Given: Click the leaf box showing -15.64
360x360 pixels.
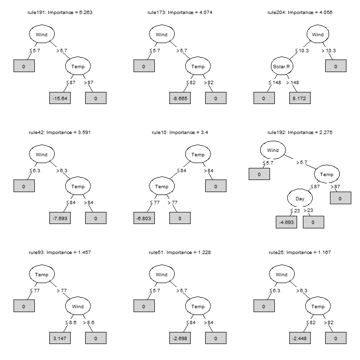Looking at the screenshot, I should coord(60,98).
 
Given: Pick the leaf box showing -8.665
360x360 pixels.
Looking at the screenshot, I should coord(180,98).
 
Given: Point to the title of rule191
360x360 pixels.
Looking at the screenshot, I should coord(60,12).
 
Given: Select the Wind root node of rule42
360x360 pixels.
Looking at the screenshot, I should coord(42,155).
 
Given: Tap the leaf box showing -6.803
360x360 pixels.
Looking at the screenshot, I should coord(144,218).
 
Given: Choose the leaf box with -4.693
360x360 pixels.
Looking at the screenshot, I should coord(286,222).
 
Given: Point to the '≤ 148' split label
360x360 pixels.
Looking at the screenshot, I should coord(275,82).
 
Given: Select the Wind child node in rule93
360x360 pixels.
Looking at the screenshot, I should coord(78,306).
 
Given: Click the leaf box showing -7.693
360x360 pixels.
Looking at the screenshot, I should coord(60,218).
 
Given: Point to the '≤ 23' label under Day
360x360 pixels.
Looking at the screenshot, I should coord(295,210).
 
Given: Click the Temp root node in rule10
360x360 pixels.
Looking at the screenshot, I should coord(198,155).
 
